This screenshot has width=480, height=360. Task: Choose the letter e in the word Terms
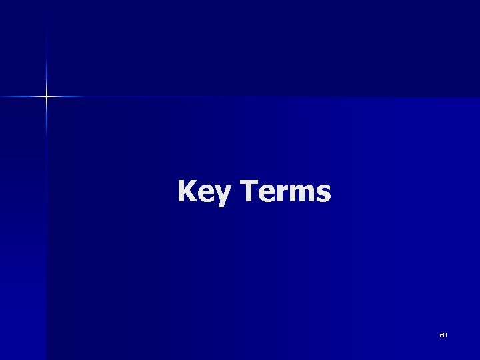[263, 194]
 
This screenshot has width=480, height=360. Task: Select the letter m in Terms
[298, 193]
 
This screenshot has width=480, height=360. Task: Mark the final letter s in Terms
[322, 194]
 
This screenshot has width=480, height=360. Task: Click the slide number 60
[443, 335]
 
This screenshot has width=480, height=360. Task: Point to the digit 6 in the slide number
[441, 335]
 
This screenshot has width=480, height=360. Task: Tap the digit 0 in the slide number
[445, 335]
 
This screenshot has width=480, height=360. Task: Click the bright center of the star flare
[47, 97]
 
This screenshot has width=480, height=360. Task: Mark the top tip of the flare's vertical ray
[47, 27]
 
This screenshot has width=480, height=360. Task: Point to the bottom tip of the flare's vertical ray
[47, 137]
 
